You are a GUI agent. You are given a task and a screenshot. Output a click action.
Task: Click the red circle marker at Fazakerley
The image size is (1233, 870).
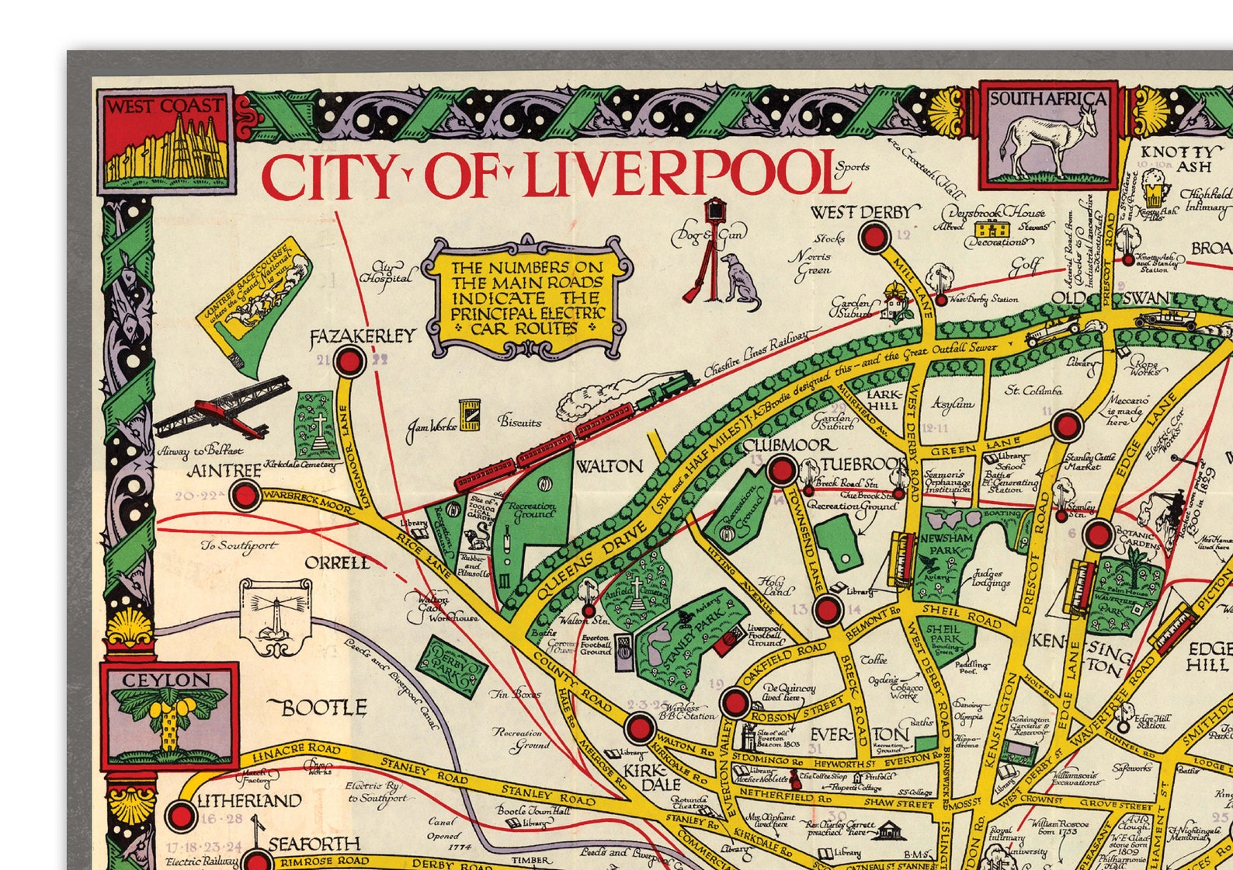(x=349, y=361)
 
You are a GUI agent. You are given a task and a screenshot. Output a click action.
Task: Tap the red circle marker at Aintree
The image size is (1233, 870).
(x=246, y=495)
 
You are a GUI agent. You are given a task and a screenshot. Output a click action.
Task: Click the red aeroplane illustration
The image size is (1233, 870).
(x=225, y=409)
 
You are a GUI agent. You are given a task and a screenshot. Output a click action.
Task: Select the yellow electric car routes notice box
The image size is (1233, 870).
(x=528, y=298)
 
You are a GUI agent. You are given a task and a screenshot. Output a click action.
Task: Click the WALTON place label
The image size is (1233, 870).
(x=609, y=467)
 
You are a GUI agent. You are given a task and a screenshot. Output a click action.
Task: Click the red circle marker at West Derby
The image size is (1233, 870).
(x=875, y=237)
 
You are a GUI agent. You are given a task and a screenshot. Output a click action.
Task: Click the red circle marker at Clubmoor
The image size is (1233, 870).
(x=782, y=471)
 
